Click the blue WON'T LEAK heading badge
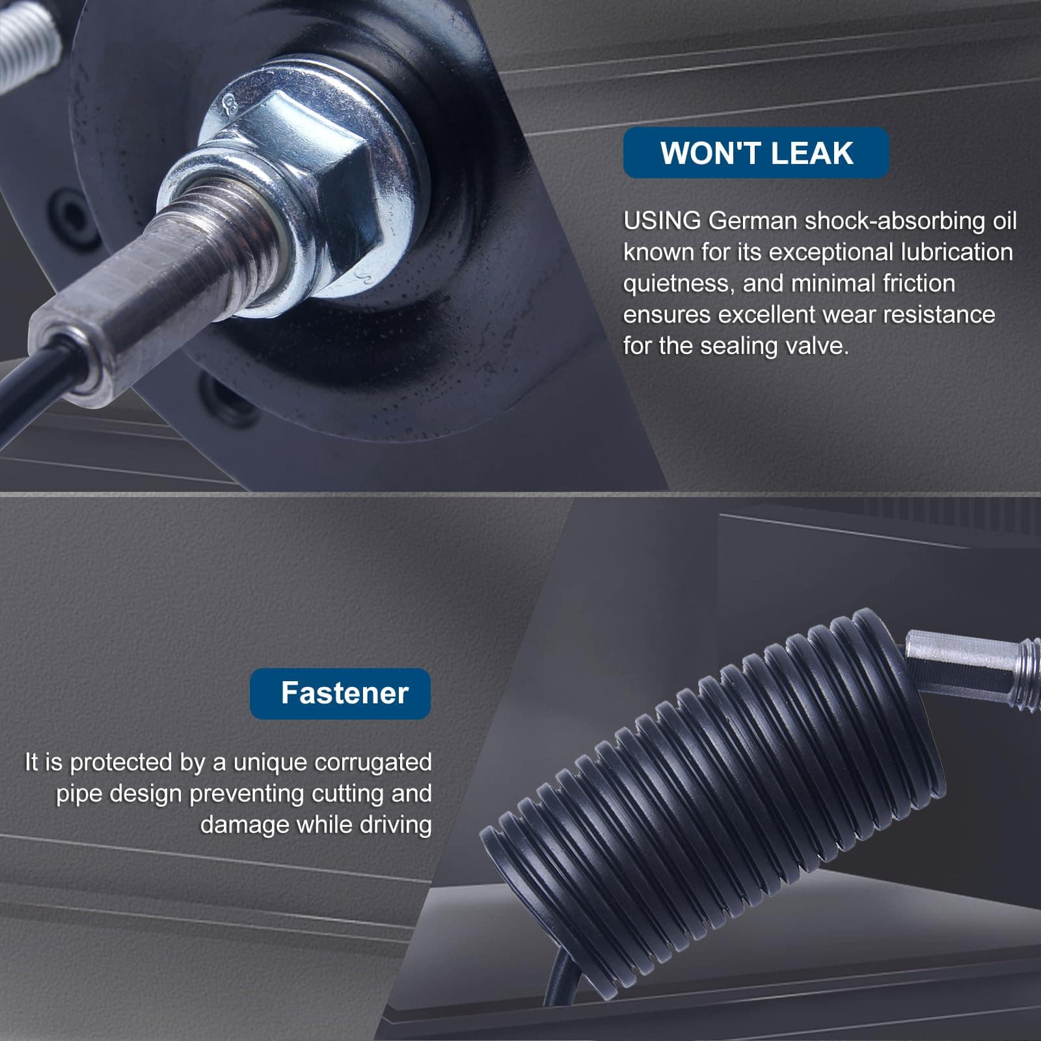[x=756, y=153]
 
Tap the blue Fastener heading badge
[x=340, y=694]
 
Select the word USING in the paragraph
[x=662, y=221]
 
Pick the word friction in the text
[x=919, y=283]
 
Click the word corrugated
[x=373, y=763]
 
